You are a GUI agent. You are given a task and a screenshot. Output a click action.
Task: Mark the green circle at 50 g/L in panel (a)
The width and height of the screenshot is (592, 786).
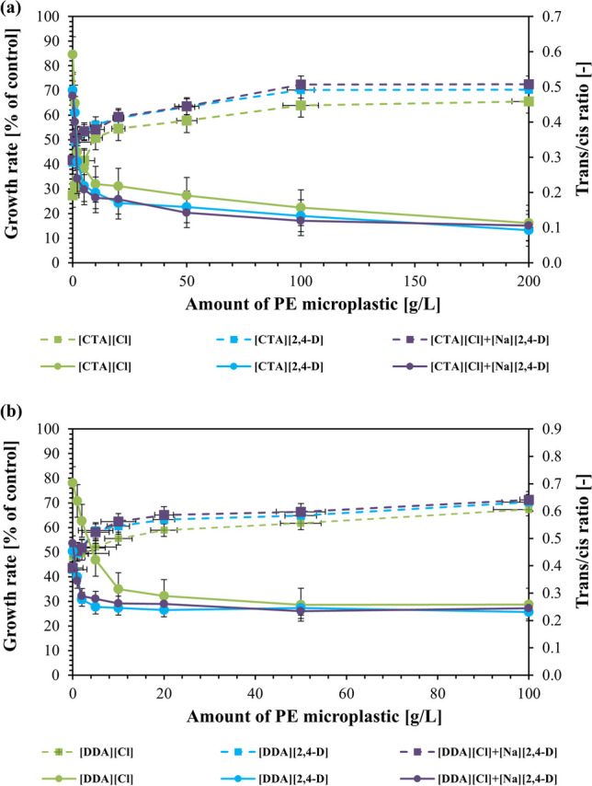coord(187,195)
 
